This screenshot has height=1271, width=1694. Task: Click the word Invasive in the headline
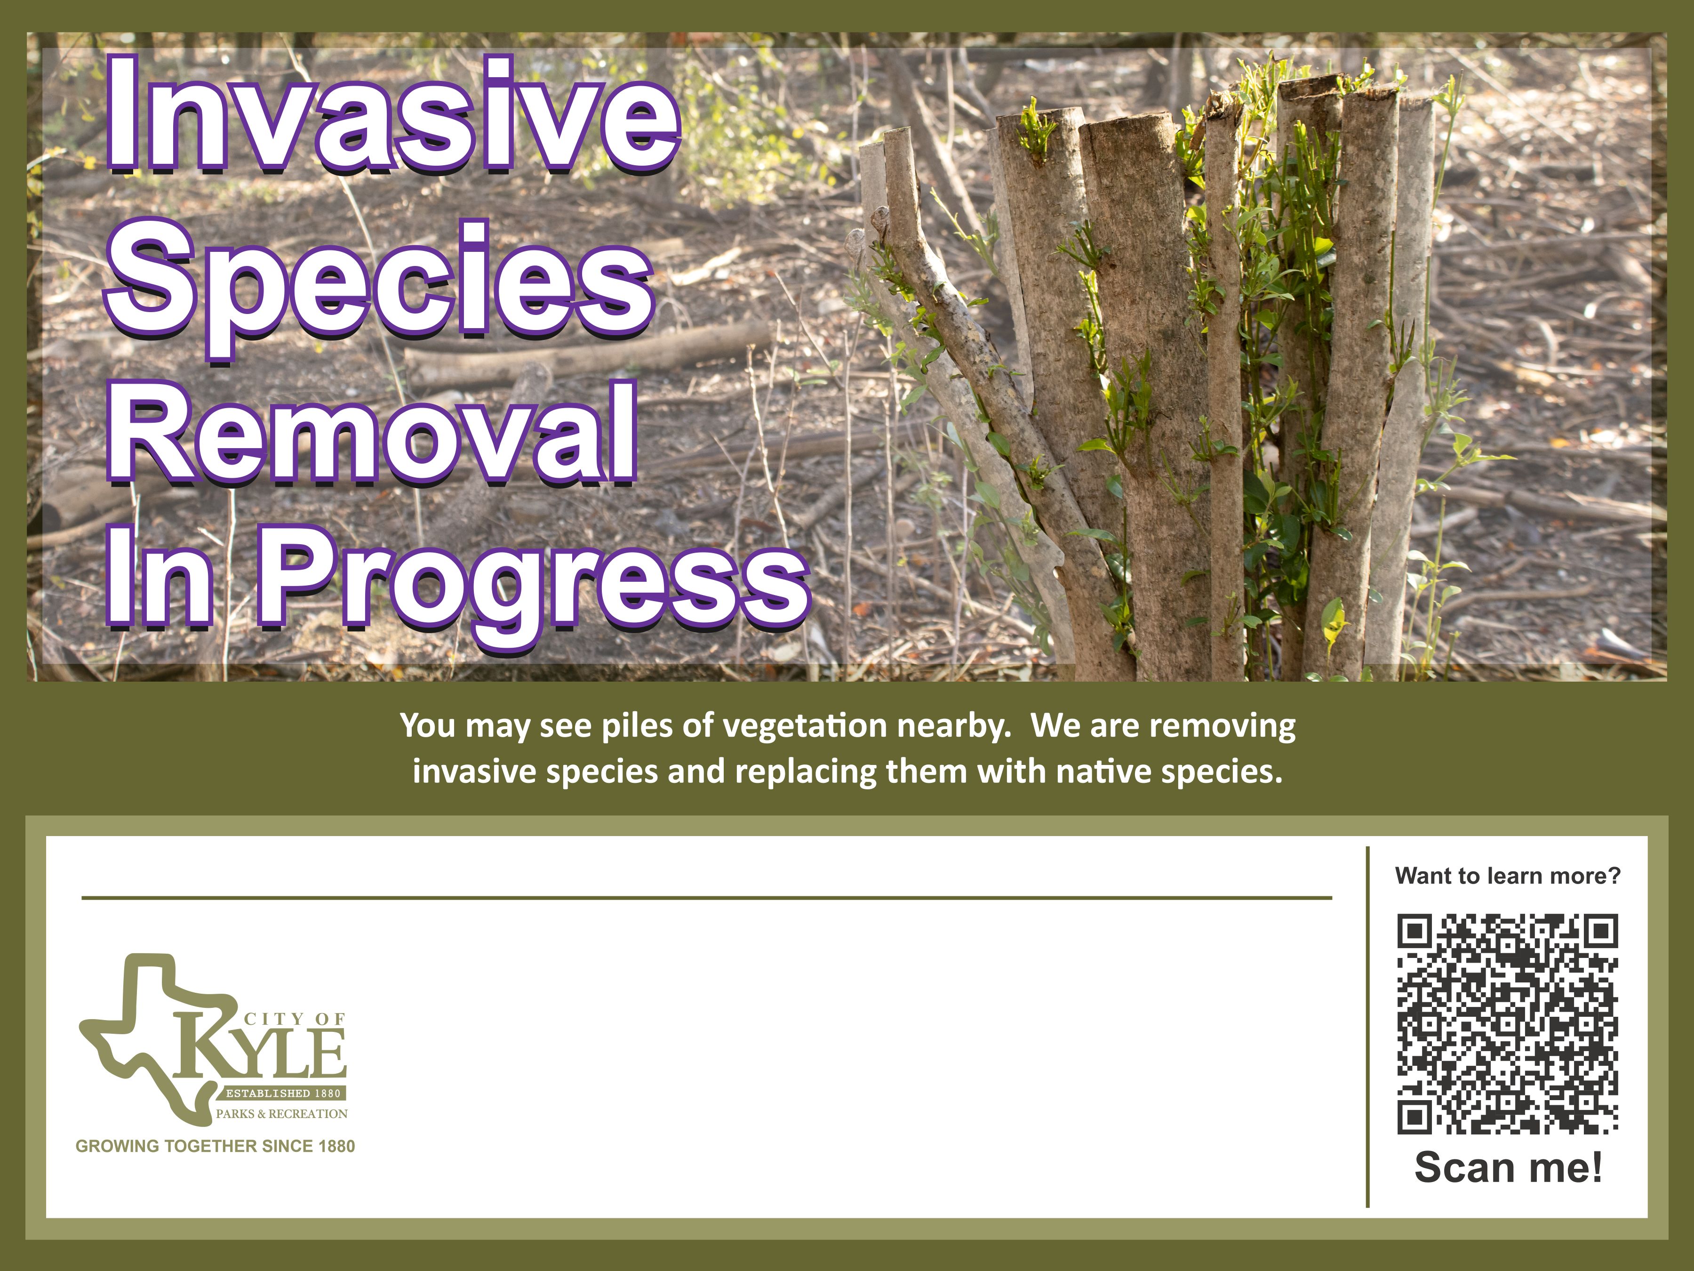392,115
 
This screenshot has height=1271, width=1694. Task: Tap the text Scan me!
1508,1167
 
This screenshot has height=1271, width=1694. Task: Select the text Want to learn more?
1508,876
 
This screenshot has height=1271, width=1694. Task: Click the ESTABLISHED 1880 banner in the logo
283,1093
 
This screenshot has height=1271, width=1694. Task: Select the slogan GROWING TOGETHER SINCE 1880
215,1146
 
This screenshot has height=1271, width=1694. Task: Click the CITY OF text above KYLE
295,1019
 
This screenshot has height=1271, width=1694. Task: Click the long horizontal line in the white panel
707,897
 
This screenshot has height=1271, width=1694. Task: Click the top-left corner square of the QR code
1414,930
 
